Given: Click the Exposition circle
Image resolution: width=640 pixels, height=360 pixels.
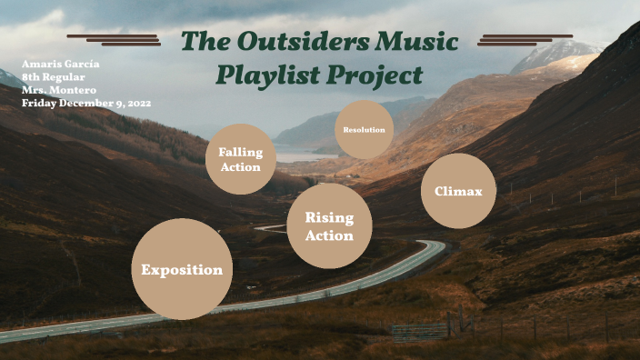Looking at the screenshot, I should click(182, 269).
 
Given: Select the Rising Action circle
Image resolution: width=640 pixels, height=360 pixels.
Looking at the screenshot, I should click(329, 225).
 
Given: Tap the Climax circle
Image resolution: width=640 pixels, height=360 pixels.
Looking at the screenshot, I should click(458, 191).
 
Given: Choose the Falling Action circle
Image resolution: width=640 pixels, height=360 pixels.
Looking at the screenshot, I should click(240, 159).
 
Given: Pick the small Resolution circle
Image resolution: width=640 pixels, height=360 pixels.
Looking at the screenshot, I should click(364, 130).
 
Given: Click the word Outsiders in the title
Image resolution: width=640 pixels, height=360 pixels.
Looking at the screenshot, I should click(298, 42).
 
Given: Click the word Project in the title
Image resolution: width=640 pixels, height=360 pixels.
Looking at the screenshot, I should click(376, 75).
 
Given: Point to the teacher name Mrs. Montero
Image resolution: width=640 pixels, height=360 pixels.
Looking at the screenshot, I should click(59, 90).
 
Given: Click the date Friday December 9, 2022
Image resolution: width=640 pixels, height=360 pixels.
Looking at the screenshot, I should click(86, 103).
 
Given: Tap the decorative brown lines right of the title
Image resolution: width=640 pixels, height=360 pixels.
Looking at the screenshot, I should click(525, 39).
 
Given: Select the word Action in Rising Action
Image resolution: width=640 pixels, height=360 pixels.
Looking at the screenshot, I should click(329, 235).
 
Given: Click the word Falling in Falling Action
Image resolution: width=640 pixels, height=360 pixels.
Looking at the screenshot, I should click(240, 152).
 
